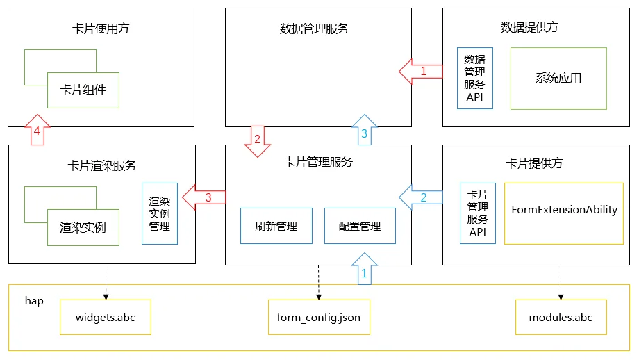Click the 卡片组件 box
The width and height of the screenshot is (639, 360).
pyautogui.click(x=83, y=90)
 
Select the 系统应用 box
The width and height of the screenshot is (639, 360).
pyautogui.click(x=558, y=79)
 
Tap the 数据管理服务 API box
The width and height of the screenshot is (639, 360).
pyautogui.click(x=475, y=79)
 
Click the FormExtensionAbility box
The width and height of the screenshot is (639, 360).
pyautogui.click(x=564, y=213)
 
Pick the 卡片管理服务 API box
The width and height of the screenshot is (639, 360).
pyautogui.click(x=478, y=213)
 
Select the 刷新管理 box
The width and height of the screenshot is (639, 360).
pyautogui.click(x=276, y=226)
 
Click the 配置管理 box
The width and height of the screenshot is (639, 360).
pyautogui.click(x=360, y=226)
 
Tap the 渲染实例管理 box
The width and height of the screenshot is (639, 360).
pyautogui.click(x=160, y=213)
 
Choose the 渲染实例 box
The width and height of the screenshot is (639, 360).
pyautogui.click(x=83, y=227)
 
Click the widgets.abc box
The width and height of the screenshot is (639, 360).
pyautogui.click(x=106, y=317)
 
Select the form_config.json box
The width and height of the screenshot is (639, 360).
pyautogui.click(x=319, y=317)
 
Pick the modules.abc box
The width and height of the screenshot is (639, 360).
pyautogui.click(x=561, y=317)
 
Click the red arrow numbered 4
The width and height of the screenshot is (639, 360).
pyautogui.click(x=37, y=130)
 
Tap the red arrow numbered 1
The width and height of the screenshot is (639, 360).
pyautogui.click(x=421, y=72)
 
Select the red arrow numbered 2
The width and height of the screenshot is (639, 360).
pyautogui.click(x=257, y=142)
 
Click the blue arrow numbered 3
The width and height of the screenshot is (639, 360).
pyautogui.click(x=365, y=130)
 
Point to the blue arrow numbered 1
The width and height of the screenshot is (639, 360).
pyautogui.click(x=365, y=269)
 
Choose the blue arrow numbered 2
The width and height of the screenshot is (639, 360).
pyautogui.click(x=421, y=197)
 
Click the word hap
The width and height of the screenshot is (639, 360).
pyautogui.click(x=34, y=301)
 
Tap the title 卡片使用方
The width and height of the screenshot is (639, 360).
pyautogui.click(x=101, y=28)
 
